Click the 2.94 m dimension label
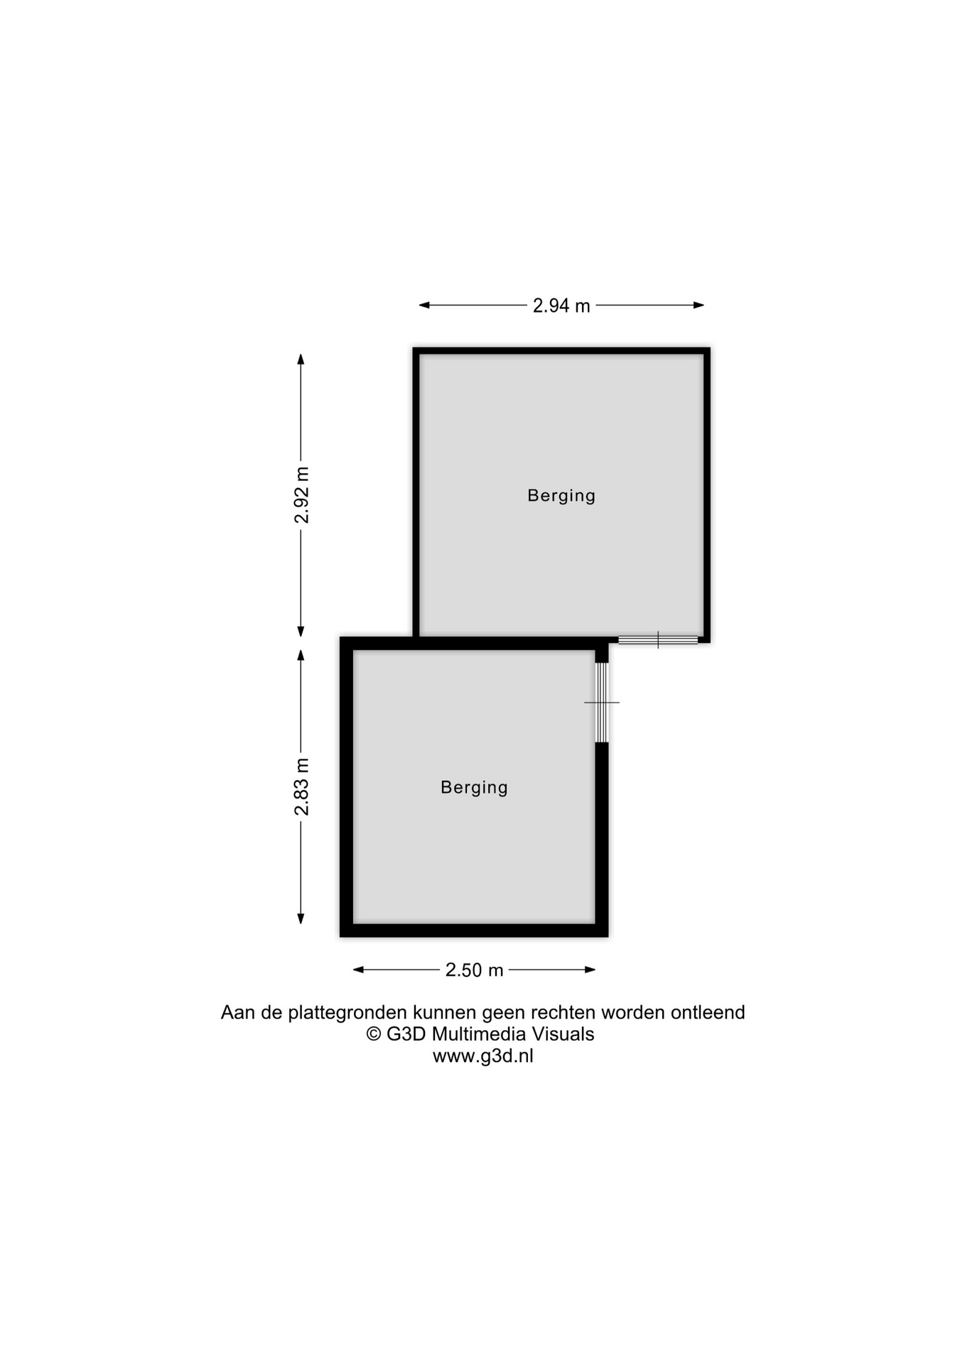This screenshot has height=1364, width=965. (561, 305)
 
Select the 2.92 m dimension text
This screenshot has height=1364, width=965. (302, 495)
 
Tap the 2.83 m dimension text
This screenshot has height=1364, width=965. (302, 786)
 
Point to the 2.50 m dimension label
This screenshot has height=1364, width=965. (474, 970)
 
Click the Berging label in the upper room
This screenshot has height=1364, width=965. (561, 496)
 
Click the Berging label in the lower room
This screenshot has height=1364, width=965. (474, 787)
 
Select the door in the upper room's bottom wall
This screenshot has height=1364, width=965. (658, 640)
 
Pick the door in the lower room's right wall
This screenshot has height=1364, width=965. (602, 703)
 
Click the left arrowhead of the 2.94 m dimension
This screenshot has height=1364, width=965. (424, 305)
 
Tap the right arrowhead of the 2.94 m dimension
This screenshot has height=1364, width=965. (699, 305)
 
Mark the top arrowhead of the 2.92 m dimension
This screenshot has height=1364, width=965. (301, 359)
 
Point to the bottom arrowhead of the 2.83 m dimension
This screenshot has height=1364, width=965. (301, 919)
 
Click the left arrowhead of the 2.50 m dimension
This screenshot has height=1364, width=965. (359, 970)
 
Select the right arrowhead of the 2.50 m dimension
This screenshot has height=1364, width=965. (590, 970)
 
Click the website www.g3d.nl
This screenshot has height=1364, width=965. (483, 1056)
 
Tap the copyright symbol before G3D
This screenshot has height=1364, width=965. (374, 1034)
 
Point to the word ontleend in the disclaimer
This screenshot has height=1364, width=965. (708, 1012)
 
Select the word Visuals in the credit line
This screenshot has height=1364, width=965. (564, 1034)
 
